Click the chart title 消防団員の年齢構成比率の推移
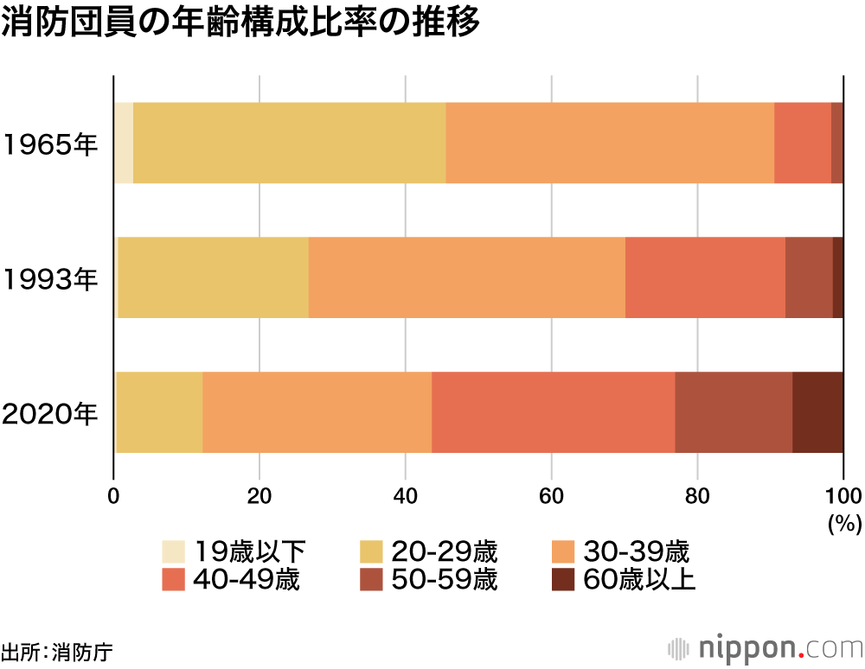pos(240,23)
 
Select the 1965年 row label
pos(50,144)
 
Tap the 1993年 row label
pos(50,278)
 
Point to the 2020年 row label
pos(50,413)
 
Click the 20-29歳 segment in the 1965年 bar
pos(289,143)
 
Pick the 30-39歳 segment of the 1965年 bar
pos(609,143)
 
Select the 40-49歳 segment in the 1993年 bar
pos(704,277)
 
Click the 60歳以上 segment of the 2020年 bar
pos(817,412)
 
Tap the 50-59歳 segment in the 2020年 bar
pos(734,412)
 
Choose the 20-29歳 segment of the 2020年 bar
pos(159,412)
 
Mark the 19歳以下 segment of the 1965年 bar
pos(124,143)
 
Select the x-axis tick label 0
pos(113,496)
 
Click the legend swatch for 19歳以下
pos(174,551)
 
